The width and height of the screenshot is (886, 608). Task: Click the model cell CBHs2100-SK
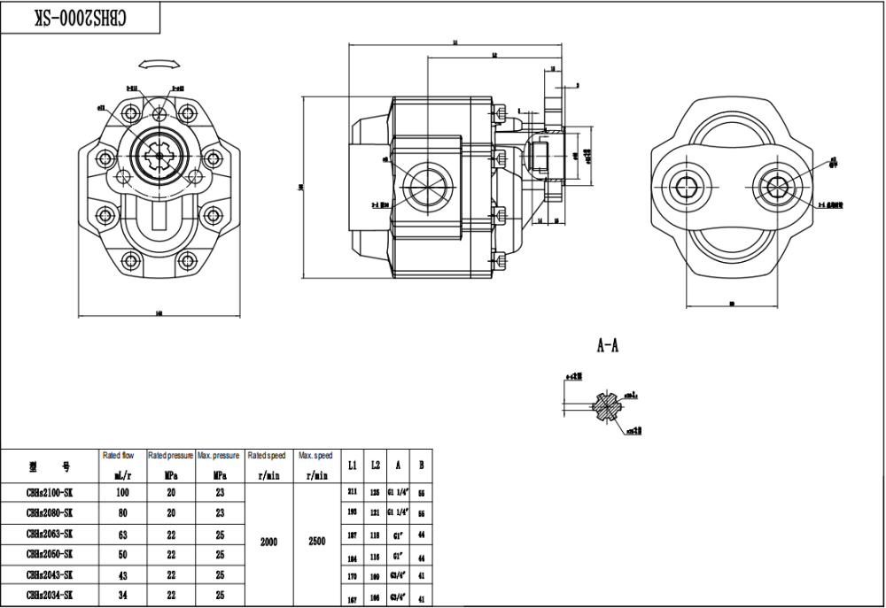50,493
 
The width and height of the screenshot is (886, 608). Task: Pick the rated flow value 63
122,534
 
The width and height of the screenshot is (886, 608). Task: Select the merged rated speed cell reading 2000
268,542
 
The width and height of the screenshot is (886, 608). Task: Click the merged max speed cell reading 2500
316,542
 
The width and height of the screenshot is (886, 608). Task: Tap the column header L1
353,465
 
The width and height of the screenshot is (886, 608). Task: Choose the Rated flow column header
122,455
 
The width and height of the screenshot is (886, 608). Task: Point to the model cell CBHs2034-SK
50,595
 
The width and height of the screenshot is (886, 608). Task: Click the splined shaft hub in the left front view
159,157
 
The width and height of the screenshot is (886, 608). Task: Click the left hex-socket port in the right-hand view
691,187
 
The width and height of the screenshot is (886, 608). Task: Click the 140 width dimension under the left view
159,312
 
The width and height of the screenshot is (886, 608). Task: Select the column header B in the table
421,465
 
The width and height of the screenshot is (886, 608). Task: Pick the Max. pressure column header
219,455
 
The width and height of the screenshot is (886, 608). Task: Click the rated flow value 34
122,595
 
